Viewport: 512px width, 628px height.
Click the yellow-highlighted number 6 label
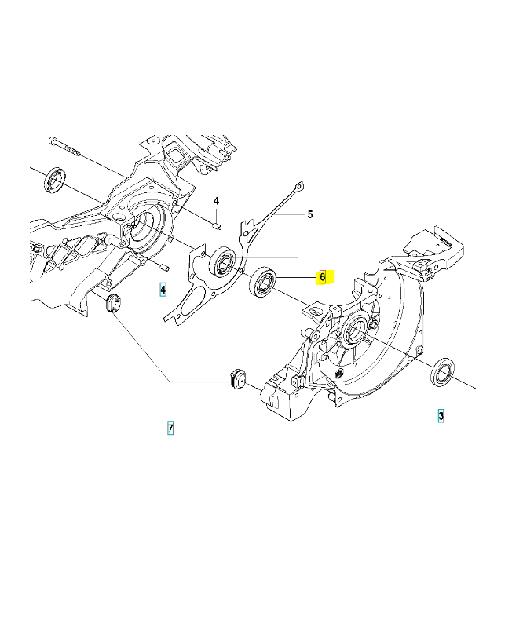coord(323,277)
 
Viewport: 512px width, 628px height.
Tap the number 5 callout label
coord(310,214)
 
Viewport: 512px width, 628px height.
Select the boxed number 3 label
coord(441,416)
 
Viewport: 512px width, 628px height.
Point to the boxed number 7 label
coord(170,428)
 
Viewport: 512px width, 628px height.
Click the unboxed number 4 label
coord(216,201)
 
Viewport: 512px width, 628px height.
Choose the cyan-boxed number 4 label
coord(163,289)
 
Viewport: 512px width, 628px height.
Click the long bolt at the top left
coord(65,147)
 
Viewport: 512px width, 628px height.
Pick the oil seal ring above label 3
coord(442,372)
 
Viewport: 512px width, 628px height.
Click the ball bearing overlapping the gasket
coord(222,263)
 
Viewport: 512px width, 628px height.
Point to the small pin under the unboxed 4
coord(216,226)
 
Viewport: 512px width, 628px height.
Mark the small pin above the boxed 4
coord(164,266)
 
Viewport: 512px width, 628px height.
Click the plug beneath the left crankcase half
coord(112,303)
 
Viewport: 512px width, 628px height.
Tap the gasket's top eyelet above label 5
coord(298,187)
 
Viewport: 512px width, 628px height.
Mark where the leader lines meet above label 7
coord(170,382)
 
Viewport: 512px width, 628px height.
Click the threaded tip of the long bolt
coord(76,151)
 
